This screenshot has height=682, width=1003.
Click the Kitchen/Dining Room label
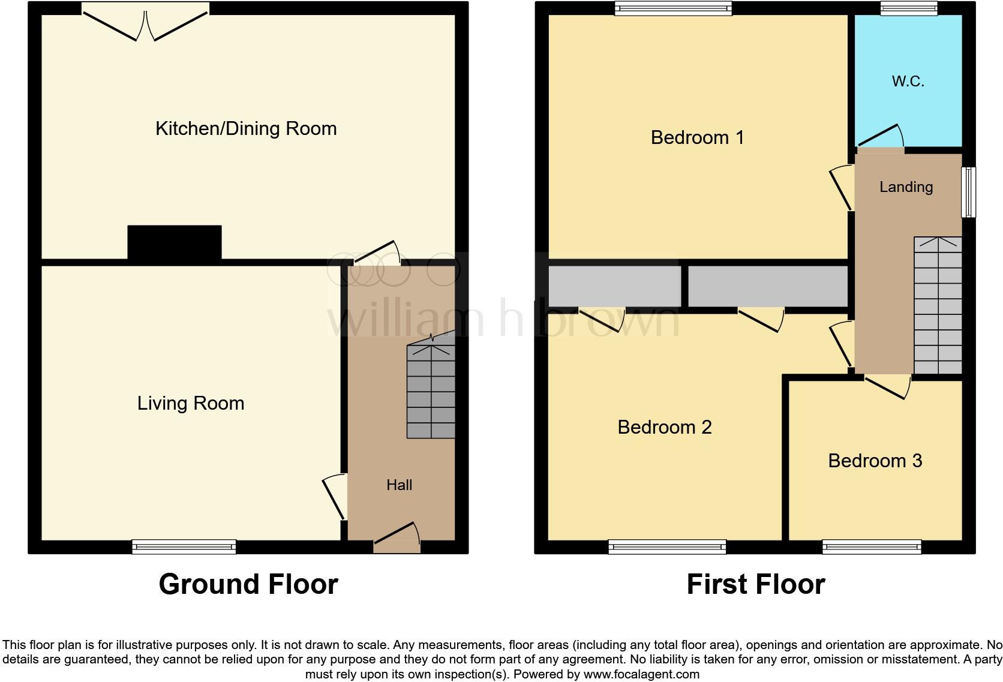click(x=246, y=128)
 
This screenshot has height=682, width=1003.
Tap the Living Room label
click(x=191, y=403)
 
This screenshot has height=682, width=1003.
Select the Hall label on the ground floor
click(x=399, y=485)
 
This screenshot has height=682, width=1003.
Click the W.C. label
click(x=908, y=81)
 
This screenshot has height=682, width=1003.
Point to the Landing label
click(x=906, y=187)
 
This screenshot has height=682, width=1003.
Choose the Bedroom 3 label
click(x=875, y=461)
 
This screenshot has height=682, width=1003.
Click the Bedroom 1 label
click(x=697, y=137)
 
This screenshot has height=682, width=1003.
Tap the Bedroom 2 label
click(x=664, y=427)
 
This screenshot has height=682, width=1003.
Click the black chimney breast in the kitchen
click(x=175, y=242)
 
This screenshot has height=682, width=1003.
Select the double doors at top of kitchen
click(x=145, y=24)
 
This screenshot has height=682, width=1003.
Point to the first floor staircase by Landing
click(x=938, y=306)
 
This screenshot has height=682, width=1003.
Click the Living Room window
click(x=184, y=546)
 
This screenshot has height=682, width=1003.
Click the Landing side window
click(x=968, y=192)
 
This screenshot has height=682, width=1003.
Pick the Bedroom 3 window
click(x=872, y=546)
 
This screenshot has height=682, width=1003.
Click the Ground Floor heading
click(x=248, y=584)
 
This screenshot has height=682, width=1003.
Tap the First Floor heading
click(x=755, y=584)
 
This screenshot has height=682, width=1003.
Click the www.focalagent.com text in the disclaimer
click(x=641, y=674)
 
